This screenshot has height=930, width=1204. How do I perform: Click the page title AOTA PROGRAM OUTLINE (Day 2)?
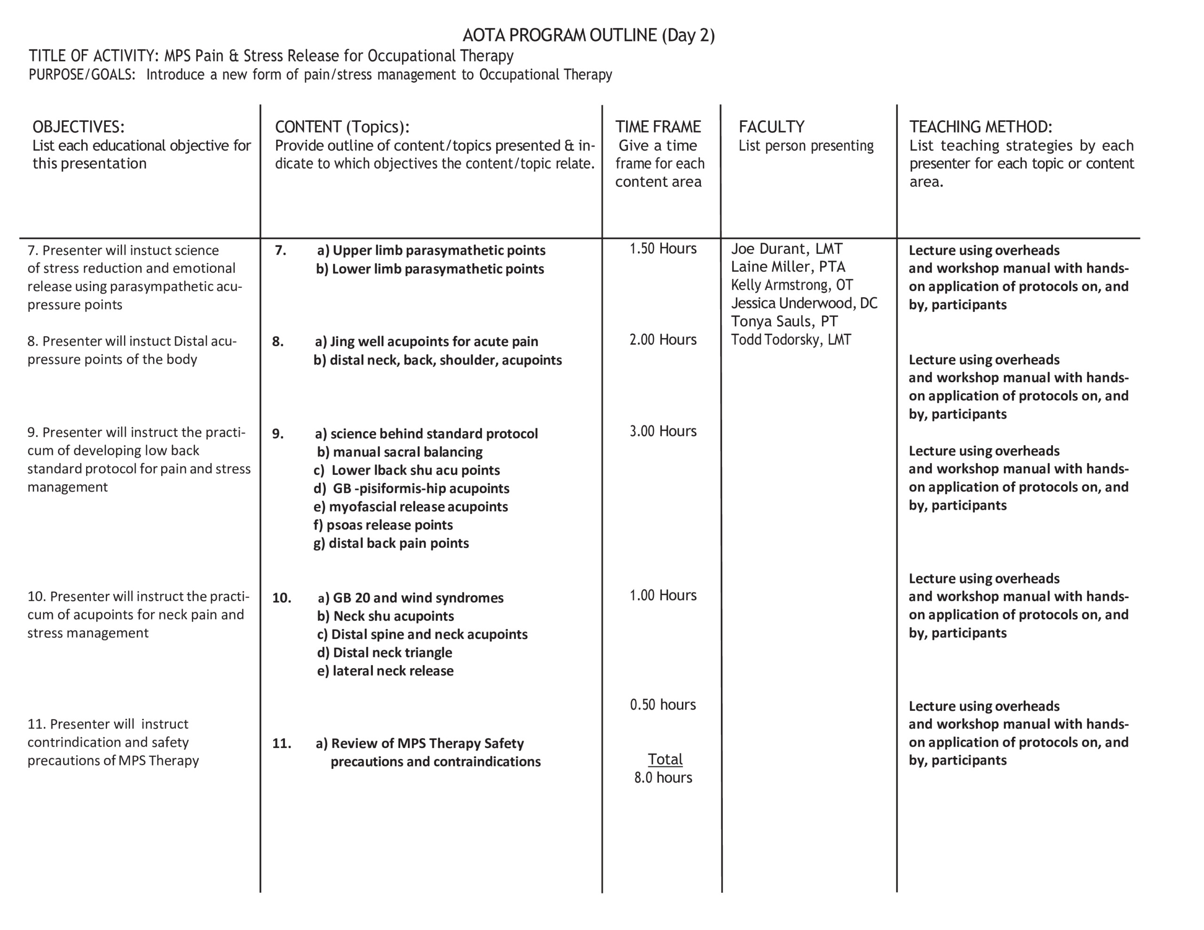point(588,35)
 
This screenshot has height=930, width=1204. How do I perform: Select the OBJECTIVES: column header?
point(78,127)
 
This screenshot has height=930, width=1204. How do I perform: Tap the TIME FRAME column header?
point(657,127)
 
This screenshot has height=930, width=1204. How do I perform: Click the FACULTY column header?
point(771,127)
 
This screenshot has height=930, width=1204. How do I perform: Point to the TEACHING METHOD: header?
point(980,127)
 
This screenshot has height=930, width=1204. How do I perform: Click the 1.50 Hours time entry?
point(663,249)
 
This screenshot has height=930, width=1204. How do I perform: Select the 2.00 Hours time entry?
point(663,339)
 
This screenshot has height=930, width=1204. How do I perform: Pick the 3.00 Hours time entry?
point(663,431)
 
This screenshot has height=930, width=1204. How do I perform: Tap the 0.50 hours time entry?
point(663,704)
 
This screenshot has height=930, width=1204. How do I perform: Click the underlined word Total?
point(665,759)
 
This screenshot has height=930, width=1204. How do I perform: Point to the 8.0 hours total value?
point(663,777)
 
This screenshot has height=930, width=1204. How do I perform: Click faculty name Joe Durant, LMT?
point(786,249)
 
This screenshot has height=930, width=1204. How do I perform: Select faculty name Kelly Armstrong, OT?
point(792,285)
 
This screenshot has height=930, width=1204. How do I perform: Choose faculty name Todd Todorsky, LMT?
point(791,339)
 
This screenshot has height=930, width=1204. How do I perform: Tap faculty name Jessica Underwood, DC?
point(804,303)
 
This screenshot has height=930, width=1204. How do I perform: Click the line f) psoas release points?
point(383,525)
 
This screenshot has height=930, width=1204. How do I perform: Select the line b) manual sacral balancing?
point(399,452)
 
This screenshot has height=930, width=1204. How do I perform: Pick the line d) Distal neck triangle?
point(384,653)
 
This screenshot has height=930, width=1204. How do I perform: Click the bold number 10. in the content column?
point(281,598)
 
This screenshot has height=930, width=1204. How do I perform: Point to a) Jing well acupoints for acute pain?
point(426,341)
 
